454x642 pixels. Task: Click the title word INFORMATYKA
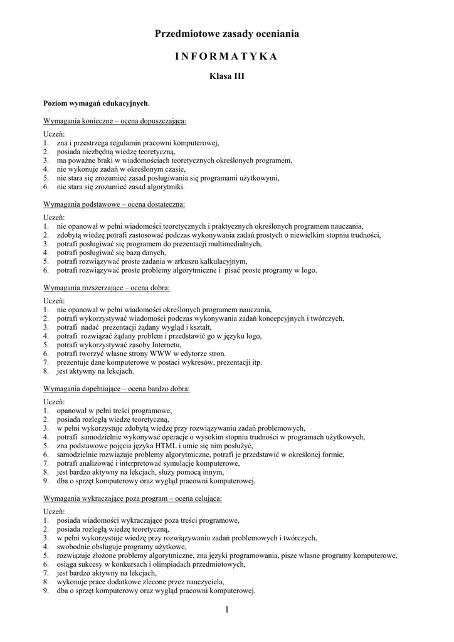[x=226, y=56]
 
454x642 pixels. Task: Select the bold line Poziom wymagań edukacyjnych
[x=97, y=102]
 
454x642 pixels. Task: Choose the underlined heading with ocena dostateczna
[x=114, y=204]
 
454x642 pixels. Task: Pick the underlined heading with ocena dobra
[x=107, y=288]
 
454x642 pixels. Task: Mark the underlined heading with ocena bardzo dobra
[x=116, y=389]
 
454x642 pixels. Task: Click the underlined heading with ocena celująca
[x=132, y=498]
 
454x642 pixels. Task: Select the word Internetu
[x=164, y=345]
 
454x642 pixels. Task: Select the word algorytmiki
[x=164, y=187]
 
